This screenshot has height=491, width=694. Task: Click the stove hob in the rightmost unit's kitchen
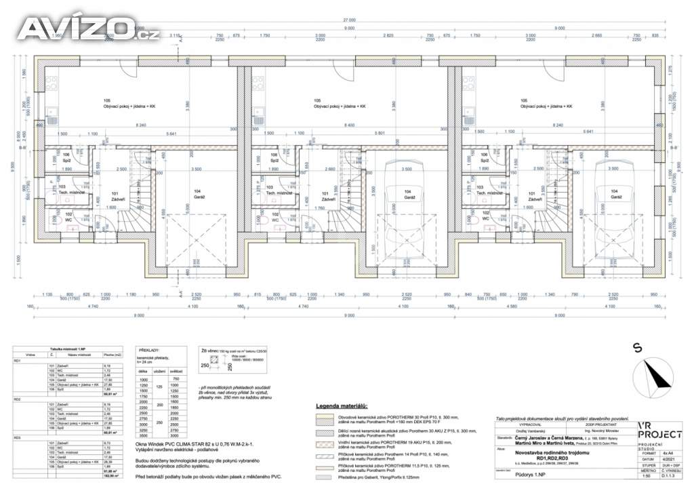[x=466, y=89]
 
